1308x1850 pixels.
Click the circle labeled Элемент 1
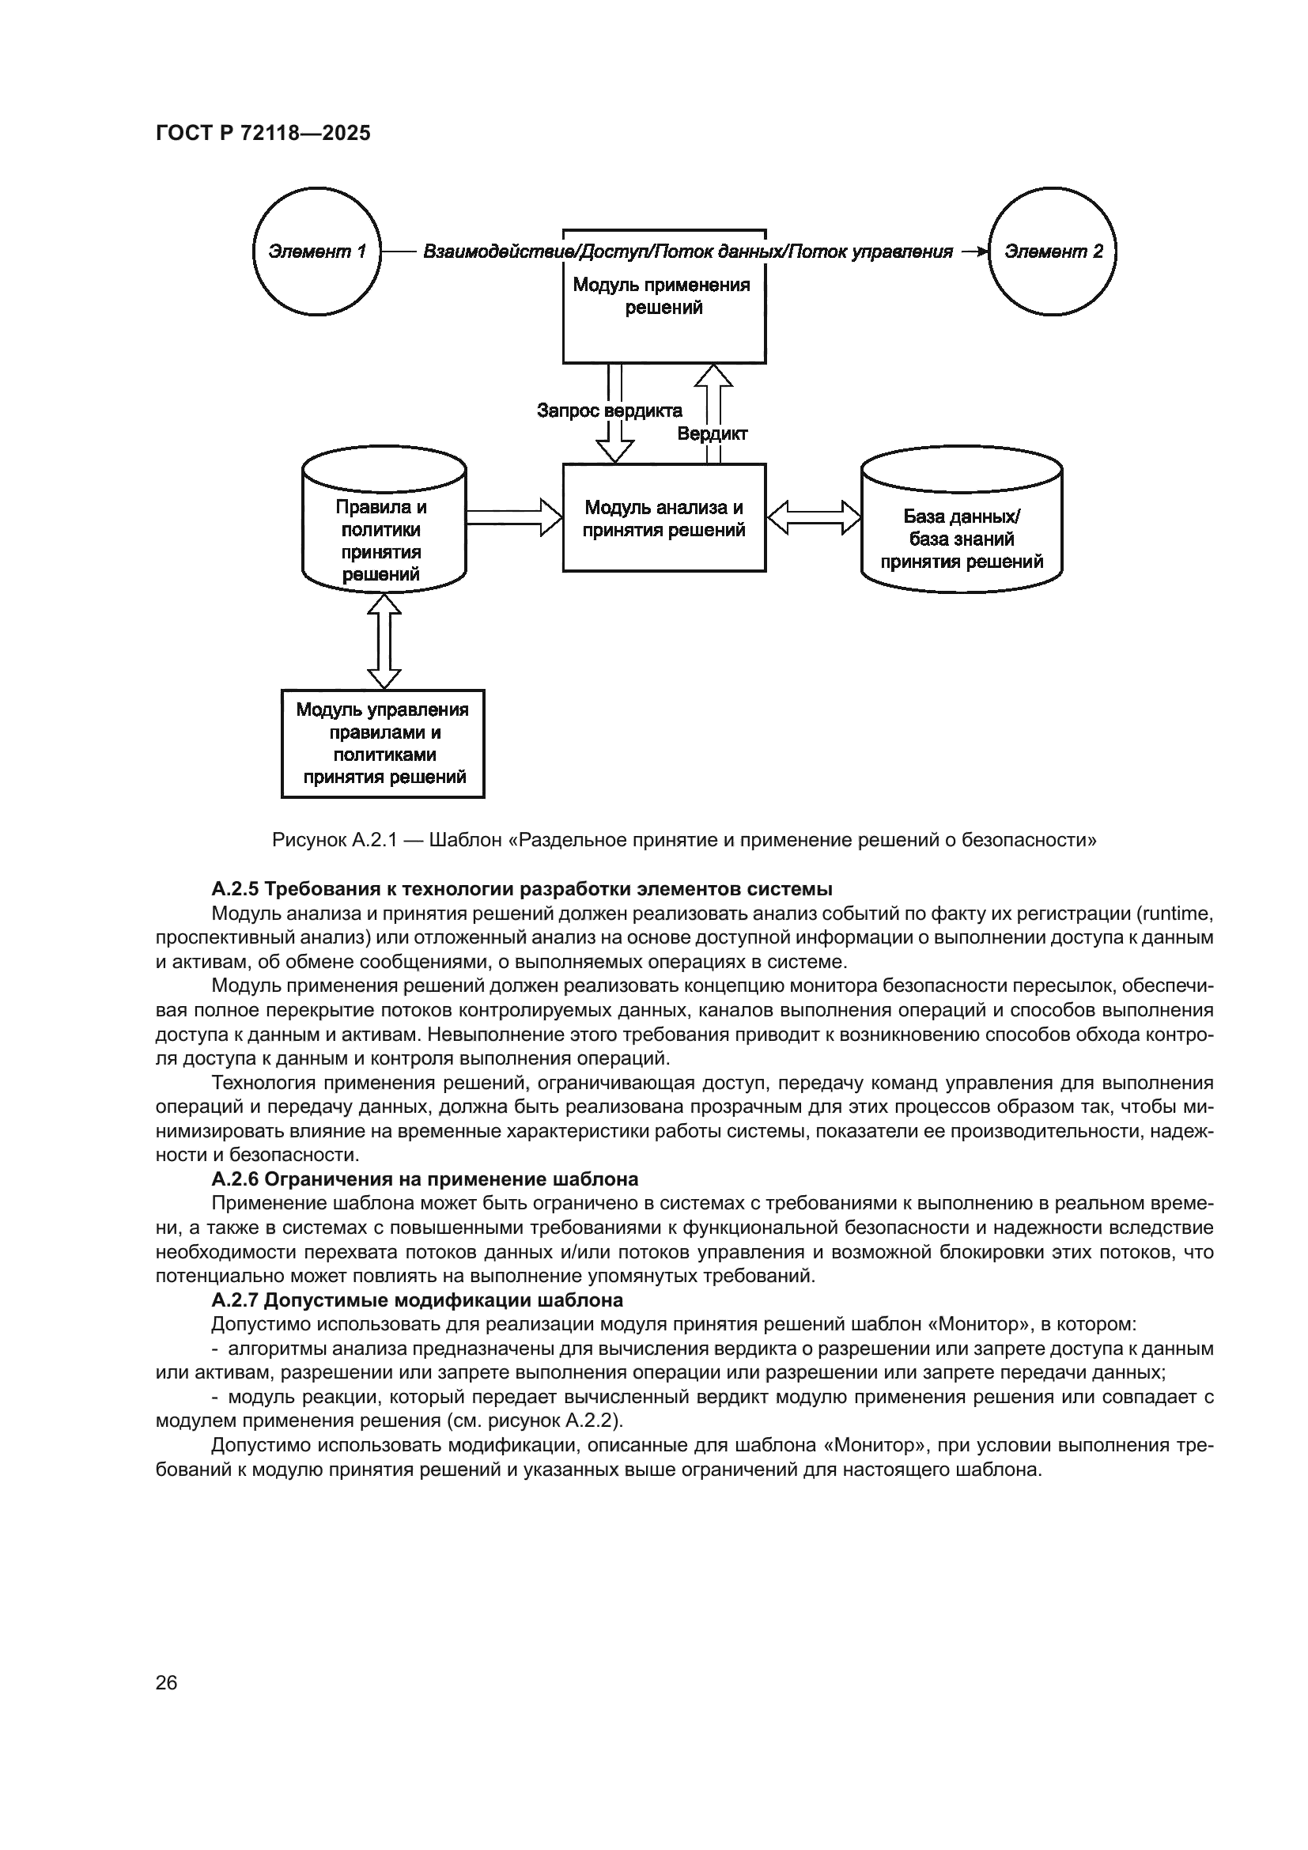click(316, 252)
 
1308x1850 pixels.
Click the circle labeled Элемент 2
click(1053, 252)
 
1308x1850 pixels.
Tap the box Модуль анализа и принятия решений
click(663, 518)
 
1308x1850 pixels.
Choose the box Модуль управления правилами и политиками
click(383, 743)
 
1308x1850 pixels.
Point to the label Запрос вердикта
click(609, 411)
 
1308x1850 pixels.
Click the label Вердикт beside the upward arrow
click(712, 433)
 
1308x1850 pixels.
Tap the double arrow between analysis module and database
click(814, 516)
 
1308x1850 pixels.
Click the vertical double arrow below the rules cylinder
click(384, 641)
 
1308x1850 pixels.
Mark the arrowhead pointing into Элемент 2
click(977, 252)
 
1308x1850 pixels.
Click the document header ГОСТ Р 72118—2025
click(263, 133)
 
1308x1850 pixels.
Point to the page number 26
click(166, 1682)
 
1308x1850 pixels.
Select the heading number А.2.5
click(235, 889)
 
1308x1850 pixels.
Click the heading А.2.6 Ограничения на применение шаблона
click(425, 1178)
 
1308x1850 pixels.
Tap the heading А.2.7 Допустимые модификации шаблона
click(417, 1300)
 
